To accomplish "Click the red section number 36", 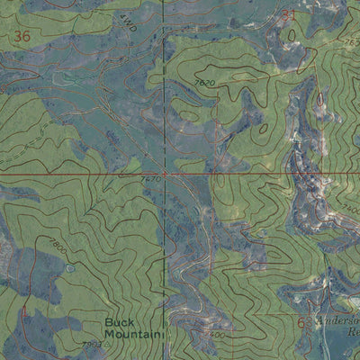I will [23, 36].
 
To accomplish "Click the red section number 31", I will [288, 15].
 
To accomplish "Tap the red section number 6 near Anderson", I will [302, 322].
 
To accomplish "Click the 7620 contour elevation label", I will [204, 83].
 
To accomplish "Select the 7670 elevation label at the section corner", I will [150, 179].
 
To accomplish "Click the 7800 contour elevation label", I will [57, 246].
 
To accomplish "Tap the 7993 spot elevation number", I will [92, 345].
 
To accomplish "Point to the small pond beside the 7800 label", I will [70, 267].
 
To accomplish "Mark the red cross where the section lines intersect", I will [165, 171].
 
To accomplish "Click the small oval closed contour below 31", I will [291, 34].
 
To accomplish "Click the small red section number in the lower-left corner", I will [24, 311].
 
